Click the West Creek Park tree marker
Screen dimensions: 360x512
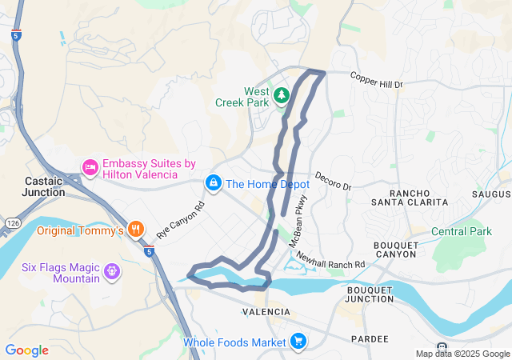[x=281, y=97]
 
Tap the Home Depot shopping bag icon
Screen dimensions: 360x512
[x=214, y=184]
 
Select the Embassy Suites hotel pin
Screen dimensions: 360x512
[x=90, y=167]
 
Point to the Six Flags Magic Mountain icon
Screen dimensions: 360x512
[x=111, y=270]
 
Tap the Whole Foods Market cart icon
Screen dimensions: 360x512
[x=298, y=342]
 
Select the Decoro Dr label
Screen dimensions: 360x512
[x=333, y=181]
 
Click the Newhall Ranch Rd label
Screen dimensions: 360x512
[x=330, y=259]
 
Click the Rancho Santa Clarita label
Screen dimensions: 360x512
[x=418, y=198]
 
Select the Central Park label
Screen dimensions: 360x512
[x=462, y=232]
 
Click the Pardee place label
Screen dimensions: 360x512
[x=369, y=338]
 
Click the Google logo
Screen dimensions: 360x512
[x=26, y=350]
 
